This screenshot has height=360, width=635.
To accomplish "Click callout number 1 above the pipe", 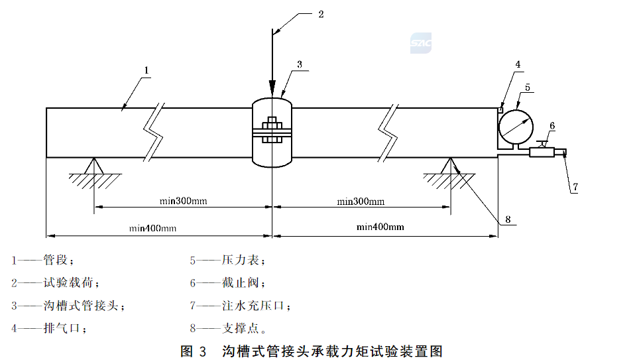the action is point(146,70).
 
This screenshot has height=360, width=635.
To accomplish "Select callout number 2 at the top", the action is point(321,15).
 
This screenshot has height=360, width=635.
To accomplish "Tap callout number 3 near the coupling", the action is point(300,64).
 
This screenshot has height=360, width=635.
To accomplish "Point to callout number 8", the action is point(508,220).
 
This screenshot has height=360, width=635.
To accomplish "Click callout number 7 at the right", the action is point(575,187).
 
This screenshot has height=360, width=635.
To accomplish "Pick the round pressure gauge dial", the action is point(516,127).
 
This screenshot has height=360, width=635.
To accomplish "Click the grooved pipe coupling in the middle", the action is point(272,133).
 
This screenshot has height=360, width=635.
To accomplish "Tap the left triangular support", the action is point(94,167).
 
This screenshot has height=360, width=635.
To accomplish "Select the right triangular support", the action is point(450,166).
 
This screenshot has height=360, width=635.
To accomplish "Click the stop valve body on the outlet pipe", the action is point(542,152).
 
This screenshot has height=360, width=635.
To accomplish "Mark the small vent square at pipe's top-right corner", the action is point(500,110).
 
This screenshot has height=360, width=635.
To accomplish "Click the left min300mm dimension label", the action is point(183,201).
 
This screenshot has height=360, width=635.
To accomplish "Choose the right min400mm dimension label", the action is point(380,227).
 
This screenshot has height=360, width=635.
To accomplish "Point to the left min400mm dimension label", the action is point(152,228).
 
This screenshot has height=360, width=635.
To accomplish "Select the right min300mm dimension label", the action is point(361,202).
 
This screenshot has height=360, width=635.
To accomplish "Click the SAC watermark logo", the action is point(421,43).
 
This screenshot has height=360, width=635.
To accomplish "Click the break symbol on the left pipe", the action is point(154,133).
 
